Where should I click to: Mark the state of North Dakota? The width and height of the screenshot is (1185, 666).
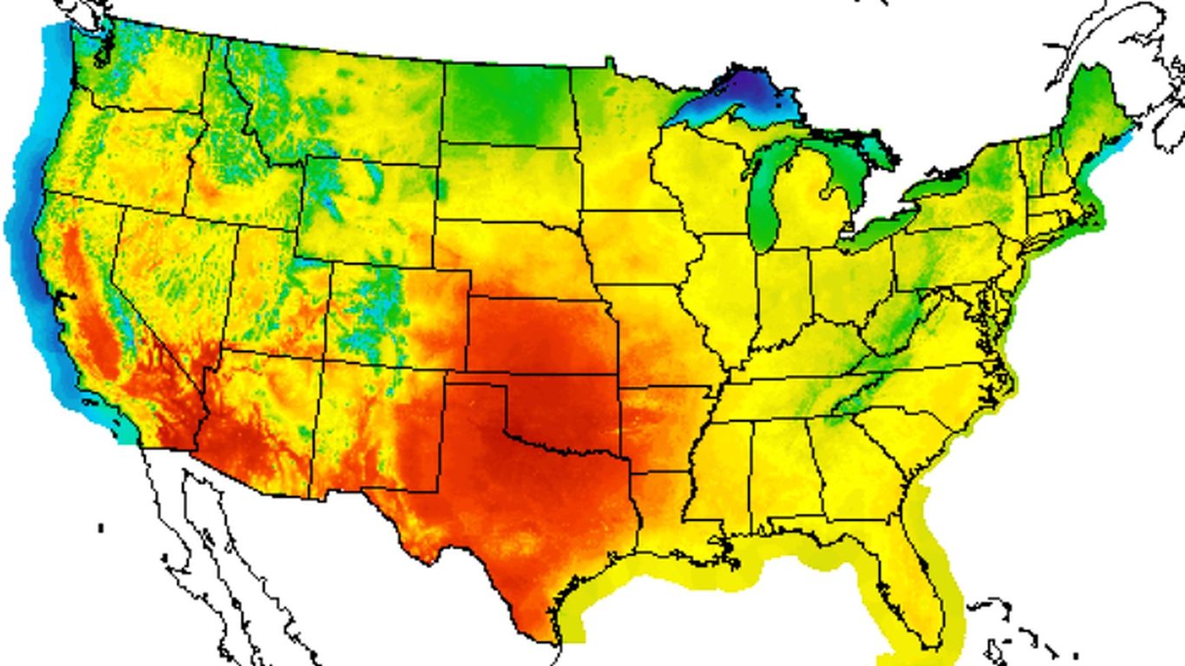508,104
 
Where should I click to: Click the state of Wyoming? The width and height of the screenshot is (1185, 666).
364,208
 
